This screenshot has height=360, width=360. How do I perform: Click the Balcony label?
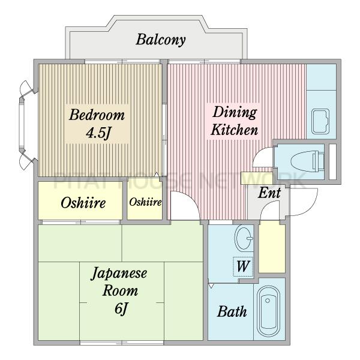[x=160, y=40]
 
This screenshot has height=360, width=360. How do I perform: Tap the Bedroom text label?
[x=97, y=115]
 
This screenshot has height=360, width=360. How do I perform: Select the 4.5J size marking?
[x=98, y=133]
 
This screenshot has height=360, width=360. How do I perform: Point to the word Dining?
[x=235, y=113]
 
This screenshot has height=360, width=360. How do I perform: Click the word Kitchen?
[x=235, y=130]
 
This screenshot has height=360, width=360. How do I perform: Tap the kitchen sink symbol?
[x=320, y=122]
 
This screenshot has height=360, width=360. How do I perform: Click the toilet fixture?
[x=307, y=161]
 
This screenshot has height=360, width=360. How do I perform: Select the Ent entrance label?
[x=269, y=193]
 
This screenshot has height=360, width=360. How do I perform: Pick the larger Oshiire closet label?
[x=83, y=203]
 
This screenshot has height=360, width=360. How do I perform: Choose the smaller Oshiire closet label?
[x=145, y=202]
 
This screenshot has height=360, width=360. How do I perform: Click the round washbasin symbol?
[x=244, y=238]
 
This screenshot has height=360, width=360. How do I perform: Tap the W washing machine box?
[x=243, y=266]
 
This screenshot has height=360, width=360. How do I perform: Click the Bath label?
[x=232, y=311]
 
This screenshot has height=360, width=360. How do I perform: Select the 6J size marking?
[x=121, y=308]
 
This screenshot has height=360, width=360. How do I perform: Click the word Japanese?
[x=119, y=274]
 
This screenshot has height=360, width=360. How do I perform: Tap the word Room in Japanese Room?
[x=120, y=290]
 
